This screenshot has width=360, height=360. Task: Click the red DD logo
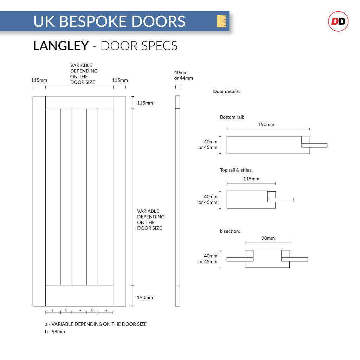338,21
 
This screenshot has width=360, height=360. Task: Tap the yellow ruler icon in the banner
221,21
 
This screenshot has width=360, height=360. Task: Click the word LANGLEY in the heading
61,46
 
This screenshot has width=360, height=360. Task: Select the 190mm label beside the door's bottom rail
145,297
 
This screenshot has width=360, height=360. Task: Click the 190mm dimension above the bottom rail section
266,124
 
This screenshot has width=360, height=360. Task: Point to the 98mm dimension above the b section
268,238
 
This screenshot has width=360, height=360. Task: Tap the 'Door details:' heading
226,91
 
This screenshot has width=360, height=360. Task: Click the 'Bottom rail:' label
232,117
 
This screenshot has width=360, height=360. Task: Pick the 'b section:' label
230,231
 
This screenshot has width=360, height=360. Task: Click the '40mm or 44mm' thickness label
184,75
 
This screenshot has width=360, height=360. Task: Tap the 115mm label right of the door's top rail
145,103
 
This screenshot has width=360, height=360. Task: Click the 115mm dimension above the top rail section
251,179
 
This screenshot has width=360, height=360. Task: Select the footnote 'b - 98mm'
55,332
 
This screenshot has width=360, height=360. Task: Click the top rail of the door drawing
79,102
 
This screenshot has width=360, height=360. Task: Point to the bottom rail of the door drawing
79,295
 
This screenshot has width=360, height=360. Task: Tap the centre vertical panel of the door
79,197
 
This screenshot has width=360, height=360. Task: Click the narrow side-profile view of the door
178,200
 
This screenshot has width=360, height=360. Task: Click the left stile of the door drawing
39,200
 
